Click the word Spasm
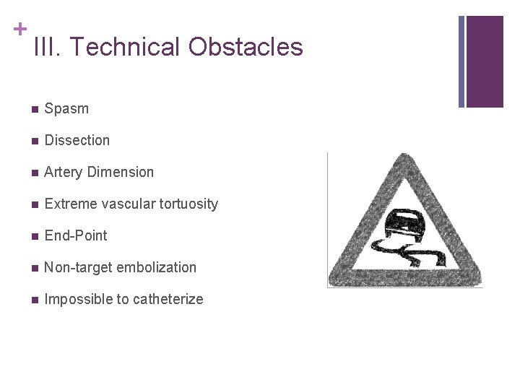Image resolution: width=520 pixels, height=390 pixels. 66,109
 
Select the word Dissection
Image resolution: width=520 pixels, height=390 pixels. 77,141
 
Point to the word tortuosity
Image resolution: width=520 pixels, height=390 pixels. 186,204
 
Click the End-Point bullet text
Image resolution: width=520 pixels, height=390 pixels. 75,236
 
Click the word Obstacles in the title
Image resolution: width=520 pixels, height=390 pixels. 246,48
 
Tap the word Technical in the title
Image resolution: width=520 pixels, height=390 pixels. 126,48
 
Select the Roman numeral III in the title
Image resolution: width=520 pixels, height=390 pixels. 48,48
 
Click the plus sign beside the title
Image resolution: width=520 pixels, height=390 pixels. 20,29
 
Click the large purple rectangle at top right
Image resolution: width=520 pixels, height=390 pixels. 485,61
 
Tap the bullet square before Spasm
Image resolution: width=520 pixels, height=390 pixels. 34,110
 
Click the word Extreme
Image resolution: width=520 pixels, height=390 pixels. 71,204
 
